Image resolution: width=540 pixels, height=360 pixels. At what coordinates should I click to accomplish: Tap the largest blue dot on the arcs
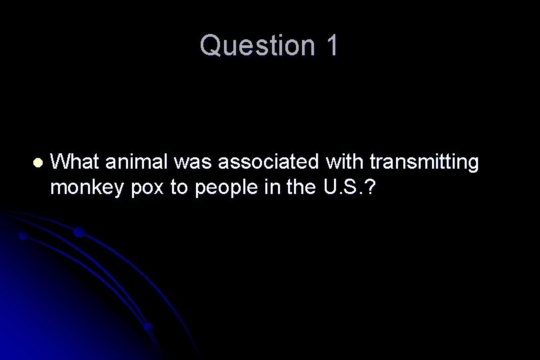click(x=79, y=232)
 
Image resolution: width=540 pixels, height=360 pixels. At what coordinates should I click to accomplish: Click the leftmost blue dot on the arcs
click(x=23, y=236)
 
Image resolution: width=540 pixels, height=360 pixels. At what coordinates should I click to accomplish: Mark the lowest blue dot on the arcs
click(x=149, y=327)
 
